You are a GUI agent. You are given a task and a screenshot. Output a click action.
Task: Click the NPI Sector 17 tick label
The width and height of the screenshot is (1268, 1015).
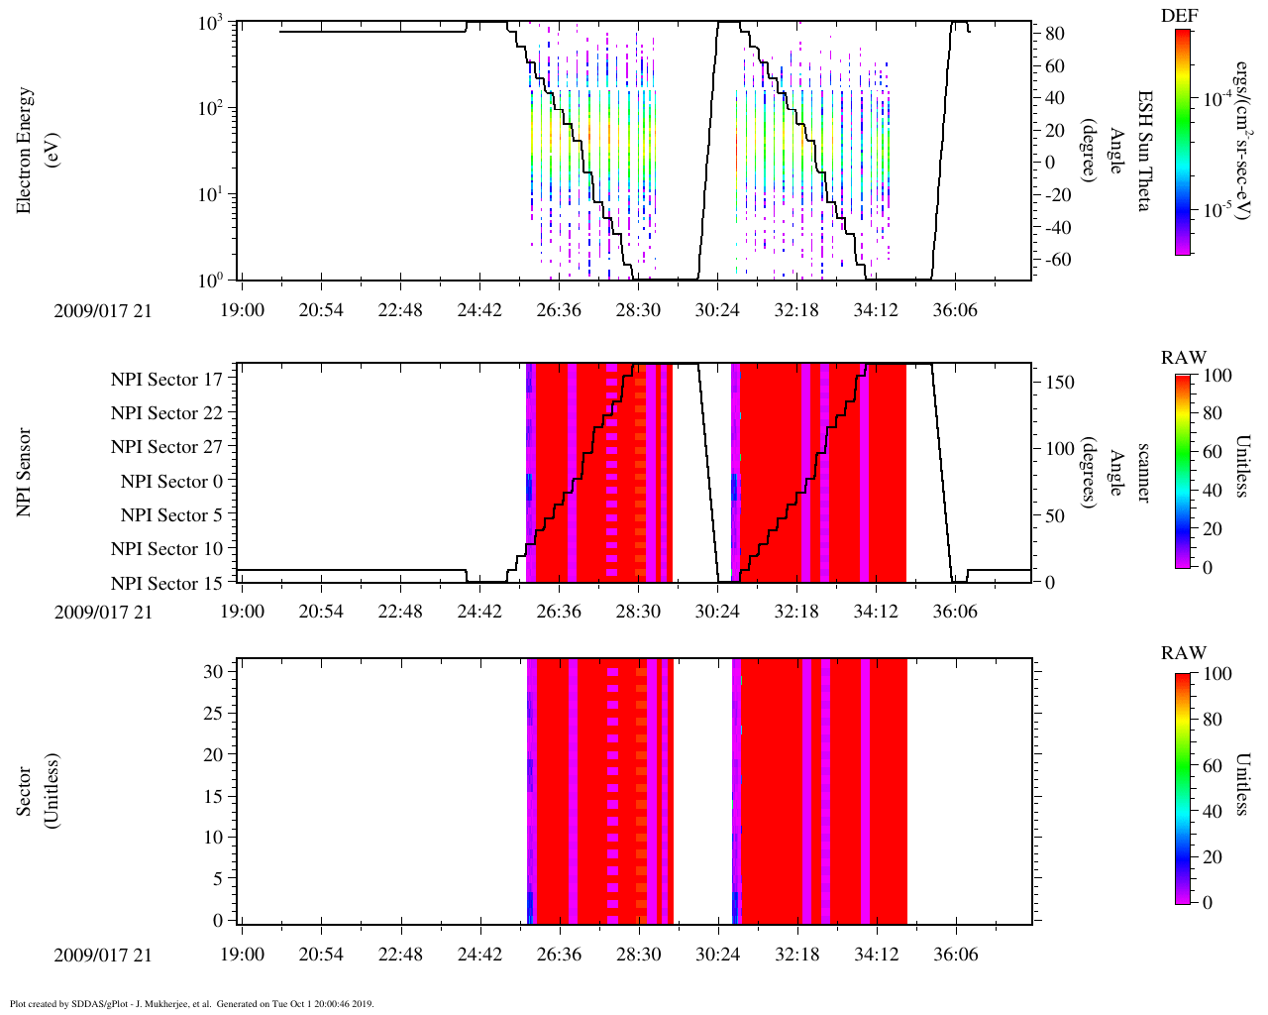[x=166, y=379]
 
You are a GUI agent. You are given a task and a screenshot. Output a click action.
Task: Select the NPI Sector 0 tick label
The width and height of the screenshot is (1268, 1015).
[x=171, y=482]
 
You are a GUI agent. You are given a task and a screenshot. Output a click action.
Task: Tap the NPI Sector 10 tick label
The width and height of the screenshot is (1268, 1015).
[x=166, y=549]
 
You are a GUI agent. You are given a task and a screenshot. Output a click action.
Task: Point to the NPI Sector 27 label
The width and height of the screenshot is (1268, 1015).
[x=166, y=447]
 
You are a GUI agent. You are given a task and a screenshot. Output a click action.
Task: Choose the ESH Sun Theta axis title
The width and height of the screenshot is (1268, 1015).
[x=1144, y=149]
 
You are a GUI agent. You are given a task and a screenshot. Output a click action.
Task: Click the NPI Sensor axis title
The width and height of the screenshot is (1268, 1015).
[x=25, y=473]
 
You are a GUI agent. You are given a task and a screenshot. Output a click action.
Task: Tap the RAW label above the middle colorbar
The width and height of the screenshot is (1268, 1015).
[x=1184, y=358]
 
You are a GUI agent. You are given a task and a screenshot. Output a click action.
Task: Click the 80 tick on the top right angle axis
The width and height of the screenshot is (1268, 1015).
[x=1054, y=34]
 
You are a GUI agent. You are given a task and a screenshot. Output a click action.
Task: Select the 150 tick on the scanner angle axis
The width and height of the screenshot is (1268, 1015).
[x=1060, y=383]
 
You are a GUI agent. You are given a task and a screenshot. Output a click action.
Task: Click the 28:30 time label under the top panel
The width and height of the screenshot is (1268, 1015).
[x=638, y=310]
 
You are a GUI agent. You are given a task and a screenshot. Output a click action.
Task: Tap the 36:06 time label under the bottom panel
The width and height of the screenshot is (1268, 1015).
[x=955, y=956]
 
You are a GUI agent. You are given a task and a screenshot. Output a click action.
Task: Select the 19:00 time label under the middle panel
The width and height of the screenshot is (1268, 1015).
[x=242, y=612]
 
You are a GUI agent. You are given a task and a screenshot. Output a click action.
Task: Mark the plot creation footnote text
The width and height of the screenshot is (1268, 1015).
[x=191, y=1003]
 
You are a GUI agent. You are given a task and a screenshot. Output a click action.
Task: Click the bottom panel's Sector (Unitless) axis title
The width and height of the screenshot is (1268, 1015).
[x=35, y=791]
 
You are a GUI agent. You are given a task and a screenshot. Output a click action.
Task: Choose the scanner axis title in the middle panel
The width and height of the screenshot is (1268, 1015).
[x=1144, y=473]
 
